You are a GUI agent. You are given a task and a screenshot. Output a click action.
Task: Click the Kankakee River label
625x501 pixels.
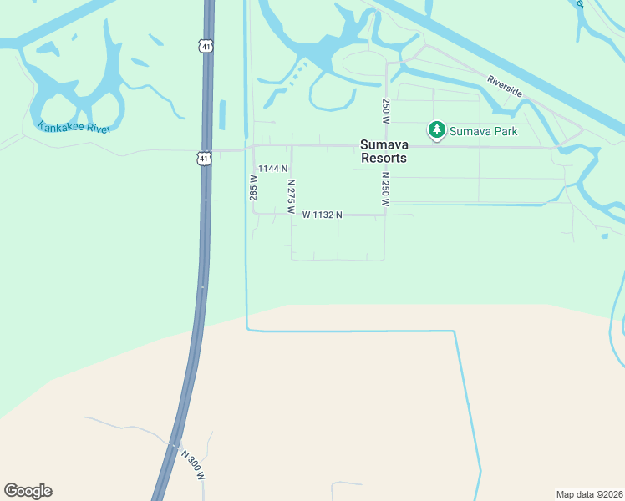(x=74, y=127)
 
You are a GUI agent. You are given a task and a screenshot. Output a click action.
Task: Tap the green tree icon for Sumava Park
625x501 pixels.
(x=436, y=130)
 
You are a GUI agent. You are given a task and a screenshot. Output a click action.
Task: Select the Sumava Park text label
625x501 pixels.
(x=484, y=131)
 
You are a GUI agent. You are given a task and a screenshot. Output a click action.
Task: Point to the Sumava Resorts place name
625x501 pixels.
(x=384, y=151)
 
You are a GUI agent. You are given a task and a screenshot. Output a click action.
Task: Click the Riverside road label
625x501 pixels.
(x=505, y=86)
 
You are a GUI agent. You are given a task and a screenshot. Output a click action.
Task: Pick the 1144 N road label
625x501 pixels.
(x=272, y=169)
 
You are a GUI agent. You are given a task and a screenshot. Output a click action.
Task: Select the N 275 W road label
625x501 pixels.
(x=291, y=196)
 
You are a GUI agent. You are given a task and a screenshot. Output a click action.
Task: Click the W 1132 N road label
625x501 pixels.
(x=323, y=215)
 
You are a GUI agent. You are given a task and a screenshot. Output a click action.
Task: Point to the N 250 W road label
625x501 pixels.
(x=386, y=189)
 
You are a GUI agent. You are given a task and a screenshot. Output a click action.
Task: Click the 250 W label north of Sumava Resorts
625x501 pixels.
(x=386, y=111)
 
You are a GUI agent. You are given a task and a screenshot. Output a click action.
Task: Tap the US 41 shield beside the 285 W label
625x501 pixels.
(x=204, y=157)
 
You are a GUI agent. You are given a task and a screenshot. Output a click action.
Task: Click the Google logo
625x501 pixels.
(x=28, y=491)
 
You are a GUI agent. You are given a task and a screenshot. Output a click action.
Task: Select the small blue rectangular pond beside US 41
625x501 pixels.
(x=222, y=116)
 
